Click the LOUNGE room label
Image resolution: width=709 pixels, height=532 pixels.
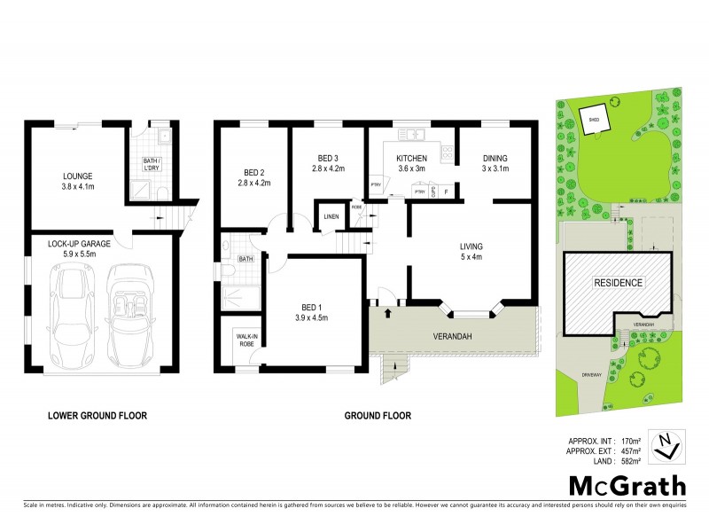77,176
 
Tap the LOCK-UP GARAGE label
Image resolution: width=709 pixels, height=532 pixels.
77,242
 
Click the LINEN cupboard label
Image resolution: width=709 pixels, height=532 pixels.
331,216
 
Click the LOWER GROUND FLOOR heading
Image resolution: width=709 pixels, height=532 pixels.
97,415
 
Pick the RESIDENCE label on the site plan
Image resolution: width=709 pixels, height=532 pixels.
619,283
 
